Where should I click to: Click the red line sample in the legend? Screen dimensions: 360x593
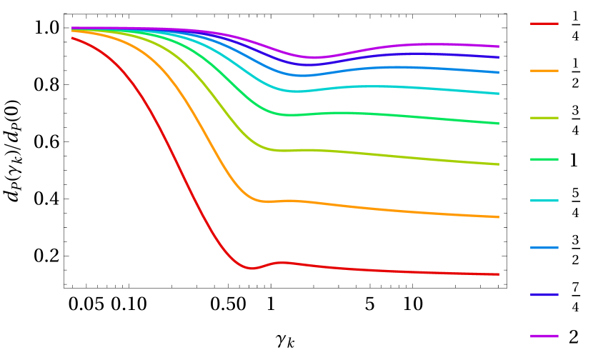(x=544, y=24)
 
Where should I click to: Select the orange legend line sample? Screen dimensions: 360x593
(x=544, y=71)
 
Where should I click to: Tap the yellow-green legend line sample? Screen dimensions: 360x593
(x=544, y=118)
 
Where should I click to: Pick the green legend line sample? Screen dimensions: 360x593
(x=544, y=159)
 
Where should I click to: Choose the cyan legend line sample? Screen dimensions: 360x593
(x=544, y=201)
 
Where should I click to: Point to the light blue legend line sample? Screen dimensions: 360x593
(x=544, y=248)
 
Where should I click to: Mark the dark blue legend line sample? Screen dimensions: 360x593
(x=544, y=294)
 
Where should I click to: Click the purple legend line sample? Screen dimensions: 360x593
(x=544, y=336)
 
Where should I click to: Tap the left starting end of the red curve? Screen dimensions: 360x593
(x=72, y=38)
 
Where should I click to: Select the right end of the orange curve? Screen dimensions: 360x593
(x=498, y=217)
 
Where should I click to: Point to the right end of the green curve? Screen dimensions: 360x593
(x=498, y=124)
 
